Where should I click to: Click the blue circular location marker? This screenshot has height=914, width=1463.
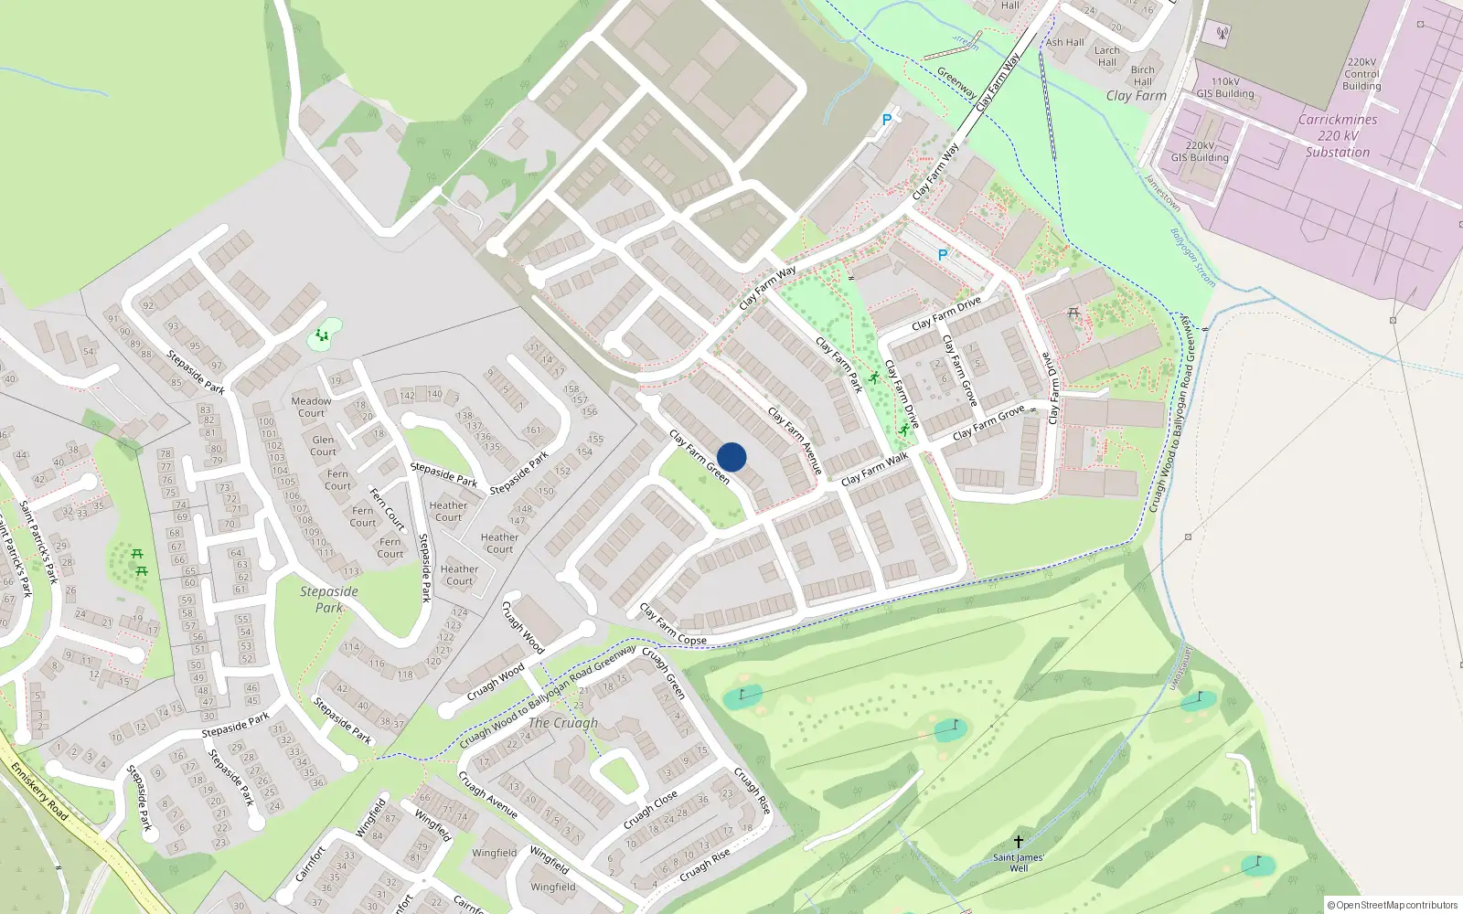click(731, 457)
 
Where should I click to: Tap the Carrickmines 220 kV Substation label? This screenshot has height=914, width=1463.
click(1338, 136)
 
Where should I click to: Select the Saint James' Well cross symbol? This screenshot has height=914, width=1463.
click(1018, 841)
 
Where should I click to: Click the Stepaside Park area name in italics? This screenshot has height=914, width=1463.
click(329, 600)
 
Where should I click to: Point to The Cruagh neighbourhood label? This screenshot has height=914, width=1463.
click(563, 723)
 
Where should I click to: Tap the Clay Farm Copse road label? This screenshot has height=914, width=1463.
click(673, 624)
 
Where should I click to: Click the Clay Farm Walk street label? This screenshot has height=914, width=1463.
click(875, 469)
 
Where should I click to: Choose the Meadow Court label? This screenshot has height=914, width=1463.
click(312, 407)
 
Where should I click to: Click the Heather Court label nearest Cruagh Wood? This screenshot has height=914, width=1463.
click(459, 575)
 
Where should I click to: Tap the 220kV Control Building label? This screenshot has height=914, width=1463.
click(1362, 74)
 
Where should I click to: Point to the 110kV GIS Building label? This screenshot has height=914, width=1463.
click(1225, 88)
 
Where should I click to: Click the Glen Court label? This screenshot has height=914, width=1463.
click(323, 446)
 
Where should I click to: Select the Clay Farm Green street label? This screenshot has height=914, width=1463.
click(699, 456)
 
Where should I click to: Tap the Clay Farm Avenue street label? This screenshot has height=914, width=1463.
click(795, 441)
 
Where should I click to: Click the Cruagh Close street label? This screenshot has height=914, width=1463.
click(651, 811)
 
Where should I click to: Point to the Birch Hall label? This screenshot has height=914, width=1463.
click(1143, 75)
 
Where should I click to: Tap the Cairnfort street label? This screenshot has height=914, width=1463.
click(311, 864)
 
